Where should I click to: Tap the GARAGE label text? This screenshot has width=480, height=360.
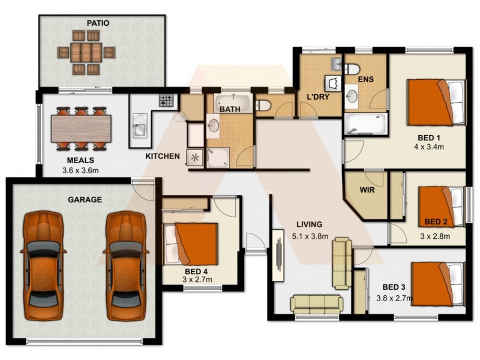point(85,199)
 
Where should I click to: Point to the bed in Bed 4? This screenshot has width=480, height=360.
point(191,243)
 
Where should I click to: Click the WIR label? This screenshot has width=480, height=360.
point(367,190)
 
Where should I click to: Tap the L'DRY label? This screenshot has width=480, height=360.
point(317,96)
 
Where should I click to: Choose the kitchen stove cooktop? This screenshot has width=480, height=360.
point(166,100)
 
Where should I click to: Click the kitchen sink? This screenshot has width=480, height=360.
point(139,128)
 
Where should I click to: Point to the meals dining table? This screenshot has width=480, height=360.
point(81,128)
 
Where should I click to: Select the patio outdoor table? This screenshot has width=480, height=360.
point(85,53)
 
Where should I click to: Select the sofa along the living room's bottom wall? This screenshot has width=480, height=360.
point(317,304)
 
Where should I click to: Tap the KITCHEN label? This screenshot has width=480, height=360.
point(162,157)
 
